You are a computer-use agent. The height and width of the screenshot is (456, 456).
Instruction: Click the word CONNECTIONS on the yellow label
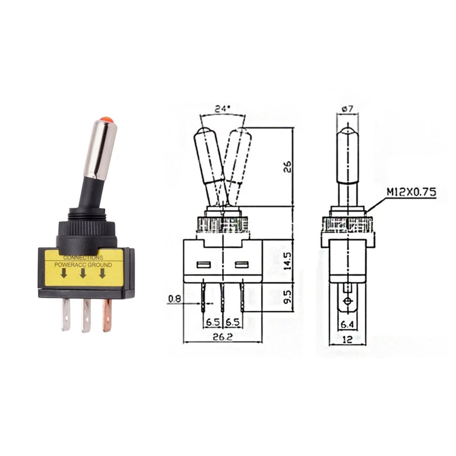83,258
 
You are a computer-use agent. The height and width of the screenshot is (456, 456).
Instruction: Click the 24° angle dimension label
222,109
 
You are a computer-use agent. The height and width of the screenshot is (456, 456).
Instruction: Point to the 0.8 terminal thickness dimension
175,299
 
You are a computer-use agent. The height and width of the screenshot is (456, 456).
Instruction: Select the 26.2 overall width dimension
222,338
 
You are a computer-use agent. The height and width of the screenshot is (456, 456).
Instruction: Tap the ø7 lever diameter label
347,109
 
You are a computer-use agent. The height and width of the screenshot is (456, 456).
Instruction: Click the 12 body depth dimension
348,339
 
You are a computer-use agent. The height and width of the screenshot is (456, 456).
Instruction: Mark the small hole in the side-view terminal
348,302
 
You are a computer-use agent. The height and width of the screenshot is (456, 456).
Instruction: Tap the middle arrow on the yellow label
83,273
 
